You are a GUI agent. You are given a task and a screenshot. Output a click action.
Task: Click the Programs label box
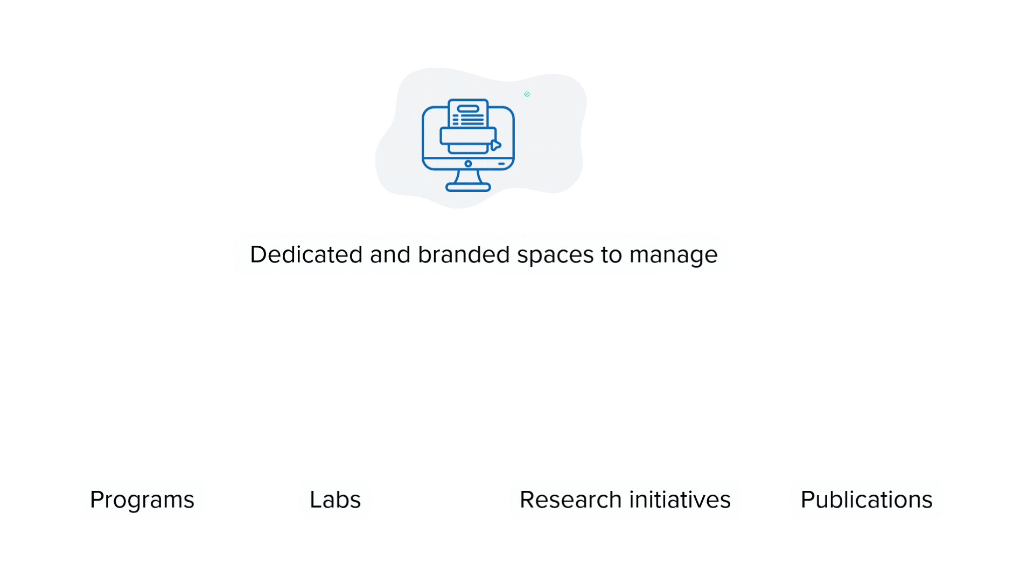142,500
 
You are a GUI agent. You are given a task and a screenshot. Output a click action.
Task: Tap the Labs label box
335,500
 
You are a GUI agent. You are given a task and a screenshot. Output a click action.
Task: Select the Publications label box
867,500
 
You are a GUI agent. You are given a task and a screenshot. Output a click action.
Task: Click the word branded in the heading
464,254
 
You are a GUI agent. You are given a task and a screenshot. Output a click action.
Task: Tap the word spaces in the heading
555,254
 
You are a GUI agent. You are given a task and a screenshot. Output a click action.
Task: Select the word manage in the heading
673,254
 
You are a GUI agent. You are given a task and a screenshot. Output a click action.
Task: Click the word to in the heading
611,254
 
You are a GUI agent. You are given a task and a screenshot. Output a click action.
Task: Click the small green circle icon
527,94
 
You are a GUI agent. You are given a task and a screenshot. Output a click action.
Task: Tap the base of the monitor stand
468,188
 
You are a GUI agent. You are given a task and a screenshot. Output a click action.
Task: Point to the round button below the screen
468,164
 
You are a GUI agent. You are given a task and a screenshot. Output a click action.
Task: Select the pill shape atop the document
468,108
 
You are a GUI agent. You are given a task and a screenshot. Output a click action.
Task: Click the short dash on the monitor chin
501,164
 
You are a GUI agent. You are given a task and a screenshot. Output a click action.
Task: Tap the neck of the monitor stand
468,177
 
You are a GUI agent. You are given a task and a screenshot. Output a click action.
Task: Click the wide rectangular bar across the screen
466,136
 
